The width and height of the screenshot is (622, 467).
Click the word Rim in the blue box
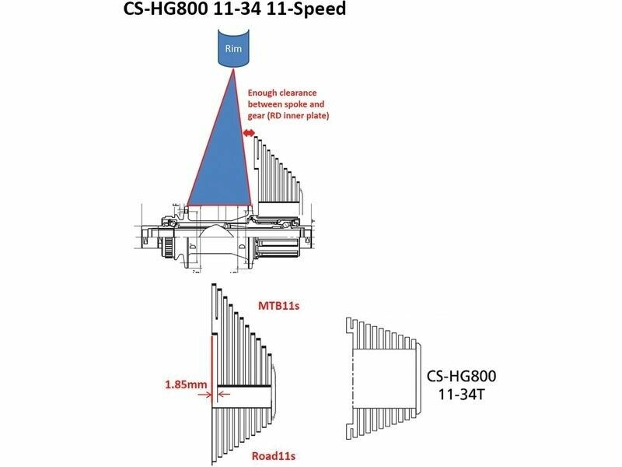click(x=233, y=48)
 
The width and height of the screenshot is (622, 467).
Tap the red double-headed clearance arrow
click(x=249, y=133)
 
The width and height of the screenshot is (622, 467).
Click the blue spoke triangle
click(x=220, y=159)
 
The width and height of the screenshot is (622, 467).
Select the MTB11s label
click(x=278, y=306)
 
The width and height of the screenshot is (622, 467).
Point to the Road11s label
click(x=274, y=456)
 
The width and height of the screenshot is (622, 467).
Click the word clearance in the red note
click(x=298, y=93)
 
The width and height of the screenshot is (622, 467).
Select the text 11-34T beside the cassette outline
click(x=461, y=395)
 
